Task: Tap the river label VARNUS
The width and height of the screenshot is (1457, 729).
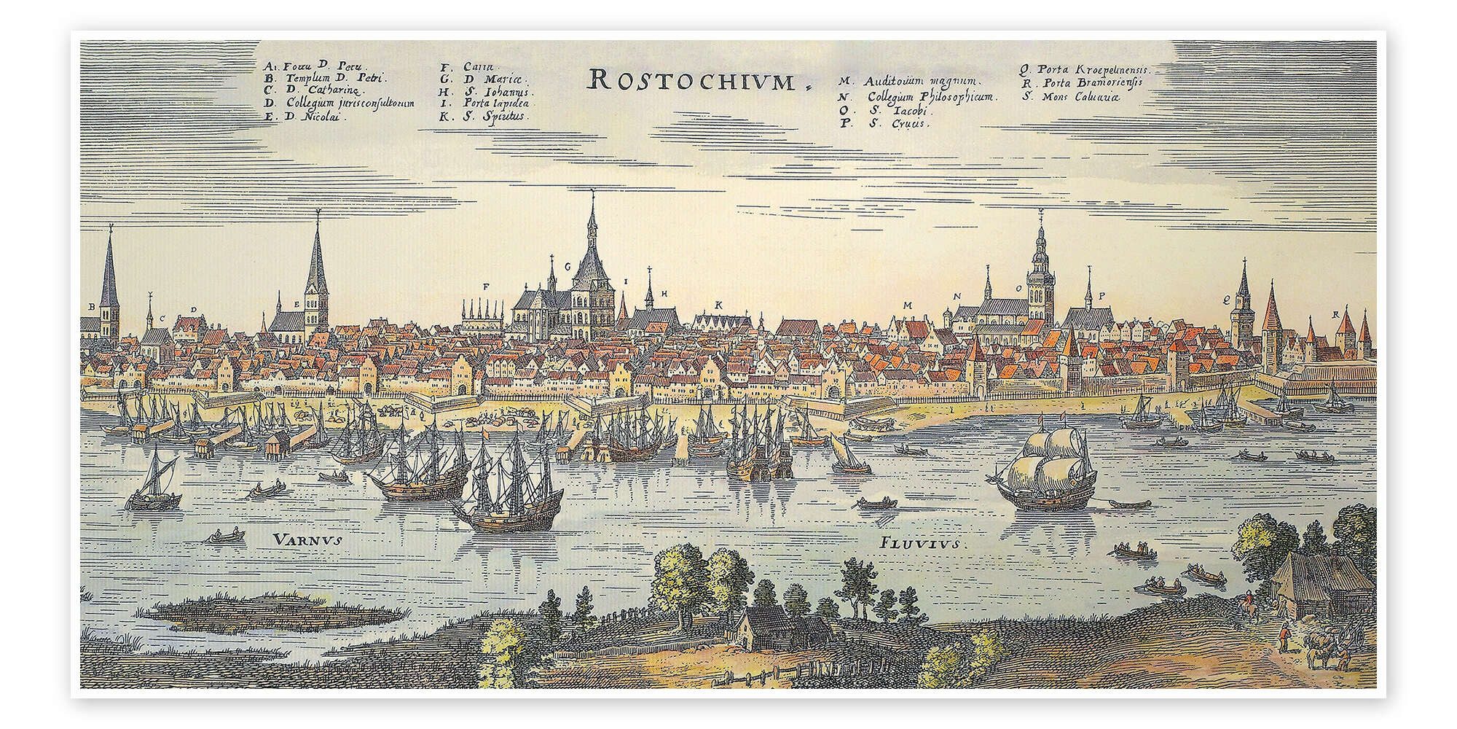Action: (308, 539)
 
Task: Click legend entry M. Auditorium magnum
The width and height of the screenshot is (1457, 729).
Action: (910, 82)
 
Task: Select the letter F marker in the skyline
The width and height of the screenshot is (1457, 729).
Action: (485, 286)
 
